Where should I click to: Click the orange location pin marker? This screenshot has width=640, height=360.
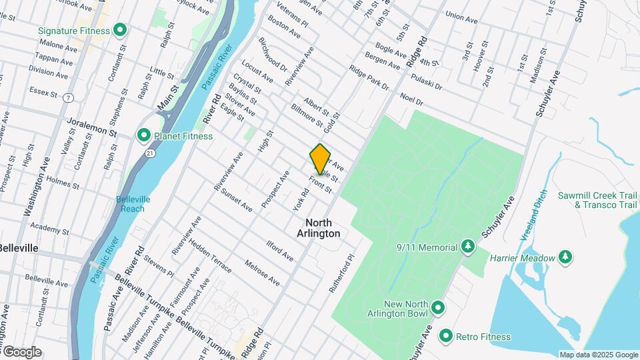(321, 159)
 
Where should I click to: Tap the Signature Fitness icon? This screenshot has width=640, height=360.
(120, 29)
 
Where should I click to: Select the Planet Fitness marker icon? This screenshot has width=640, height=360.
(143, 136)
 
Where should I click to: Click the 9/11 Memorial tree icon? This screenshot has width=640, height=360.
(468, 247)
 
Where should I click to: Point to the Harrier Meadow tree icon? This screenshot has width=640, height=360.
(565, 257)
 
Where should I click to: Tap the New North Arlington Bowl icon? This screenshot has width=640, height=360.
(438, 307)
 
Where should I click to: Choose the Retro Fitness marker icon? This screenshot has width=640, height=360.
(446, 336)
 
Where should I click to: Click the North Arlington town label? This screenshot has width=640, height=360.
(323, 228)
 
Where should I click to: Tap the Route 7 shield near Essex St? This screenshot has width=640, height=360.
(69, 97)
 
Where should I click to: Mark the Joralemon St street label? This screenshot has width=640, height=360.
(92, 127)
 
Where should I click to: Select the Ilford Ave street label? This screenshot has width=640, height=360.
(279, 251)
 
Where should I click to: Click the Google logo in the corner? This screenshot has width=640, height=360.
(21, 352)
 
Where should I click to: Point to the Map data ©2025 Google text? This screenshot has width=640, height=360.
(599, 355)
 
